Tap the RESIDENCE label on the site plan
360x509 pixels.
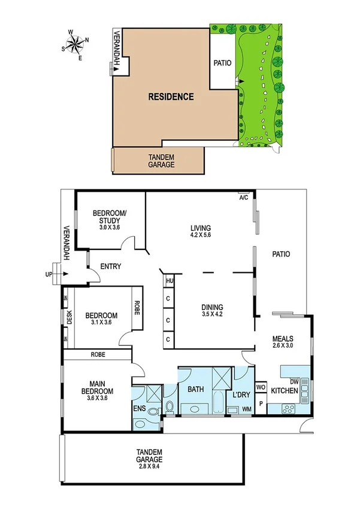(x=171, y=97)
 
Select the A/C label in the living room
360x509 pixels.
(x=244, y=197)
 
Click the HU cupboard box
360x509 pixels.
(x=170, y=281)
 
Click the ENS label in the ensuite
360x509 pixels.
(x=138, y=409)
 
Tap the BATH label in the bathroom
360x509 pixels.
(x=196, y=389)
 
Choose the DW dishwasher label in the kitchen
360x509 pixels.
(x=294, y=381)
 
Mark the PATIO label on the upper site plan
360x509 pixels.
(x=222, y=62)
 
